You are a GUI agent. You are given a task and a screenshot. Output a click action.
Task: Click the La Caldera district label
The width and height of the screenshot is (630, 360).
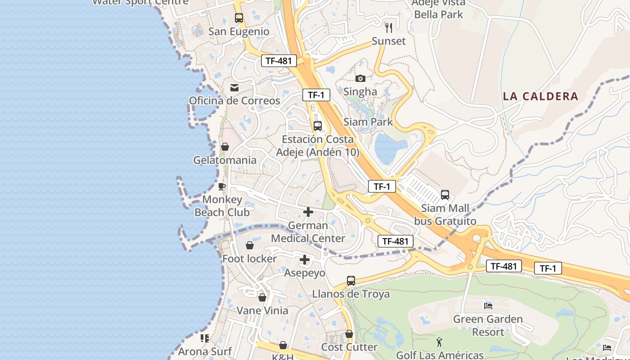[540, 96]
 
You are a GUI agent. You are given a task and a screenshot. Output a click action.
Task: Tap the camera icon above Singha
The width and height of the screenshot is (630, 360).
[360, 79]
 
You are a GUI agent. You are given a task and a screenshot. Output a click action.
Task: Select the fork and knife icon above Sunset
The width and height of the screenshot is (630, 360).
[389, 27]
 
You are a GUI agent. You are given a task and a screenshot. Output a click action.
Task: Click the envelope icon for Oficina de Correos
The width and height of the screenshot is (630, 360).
[234, 87]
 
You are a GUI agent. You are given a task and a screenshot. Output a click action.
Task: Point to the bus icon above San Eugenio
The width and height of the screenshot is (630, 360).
[239, 18]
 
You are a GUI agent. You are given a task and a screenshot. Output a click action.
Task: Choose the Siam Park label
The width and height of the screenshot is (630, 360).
[368, 122]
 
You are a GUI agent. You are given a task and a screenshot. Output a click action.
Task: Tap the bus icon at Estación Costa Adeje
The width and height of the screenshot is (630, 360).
[318, 126]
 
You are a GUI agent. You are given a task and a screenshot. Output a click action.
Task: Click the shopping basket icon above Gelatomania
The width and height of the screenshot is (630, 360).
[225, 147]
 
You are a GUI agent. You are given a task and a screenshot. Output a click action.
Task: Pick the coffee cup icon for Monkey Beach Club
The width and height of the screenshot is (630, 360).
[222, 186]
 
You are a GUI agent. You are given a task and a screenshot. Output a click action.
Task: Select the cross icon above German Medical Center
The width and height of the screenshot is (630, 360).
[308, 212]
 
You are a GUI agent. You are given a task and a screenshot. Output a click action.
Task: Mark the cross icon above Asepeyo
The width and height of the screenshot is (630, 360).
[305, 260]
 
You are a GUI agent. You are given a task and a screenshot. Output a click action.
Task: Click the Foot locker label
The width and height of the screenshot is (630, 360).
[250, 259]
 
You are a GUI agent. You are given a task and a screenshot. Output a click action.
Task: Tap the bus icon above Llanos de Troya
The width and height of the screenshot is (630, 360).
[351, 281]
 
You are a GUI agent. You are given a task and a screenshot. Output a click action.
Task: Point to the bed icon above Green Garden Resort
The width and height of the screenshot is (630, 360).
[488, 306]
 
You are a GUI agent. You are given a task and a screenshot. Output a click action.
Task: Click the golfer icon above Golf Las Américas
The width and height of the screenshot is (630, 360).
[440, 342]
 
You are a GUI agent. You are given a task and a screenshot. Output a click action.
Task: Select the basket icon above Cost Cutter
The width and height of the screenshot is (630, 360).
[349, 334]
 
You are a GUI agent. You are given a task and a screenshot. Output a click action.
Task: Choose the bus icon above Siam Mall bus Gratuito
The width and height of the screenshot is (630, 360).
[445, 195]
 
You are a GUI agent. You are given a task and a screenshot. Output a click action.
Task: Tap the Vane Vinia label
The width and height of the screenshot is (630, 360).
[262, 310]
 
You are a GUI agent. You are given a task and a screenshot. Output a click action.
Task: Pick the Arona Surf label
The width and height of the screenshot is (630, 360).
[205, 351]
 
